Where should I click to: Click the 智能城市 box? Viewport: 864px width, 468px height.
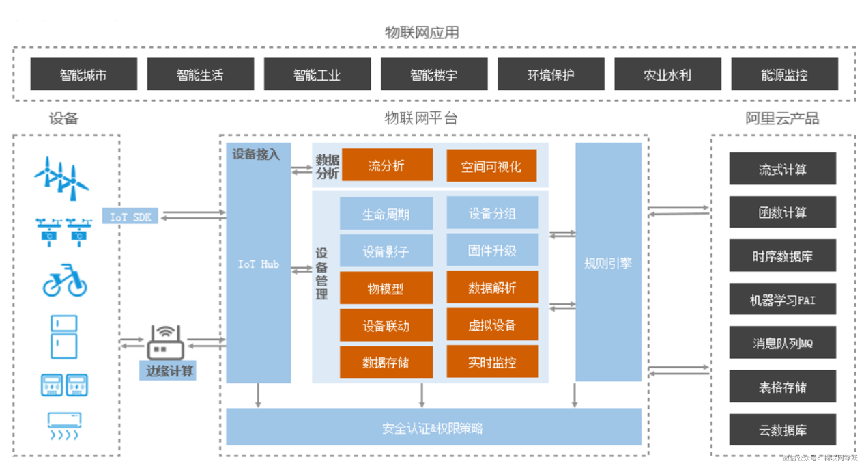click(x=83, y=74)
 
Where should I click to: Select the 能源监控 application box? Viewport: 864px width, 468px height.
click(x=784, y=74)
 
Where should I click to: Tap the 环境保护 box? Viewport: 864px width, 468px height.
click(x=551, y=74)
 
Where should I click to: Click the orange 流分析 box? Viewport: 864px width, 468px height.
click(x=386, y=165)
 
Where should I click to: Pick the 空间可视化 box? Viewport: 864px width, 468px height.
click(x=491, y=166)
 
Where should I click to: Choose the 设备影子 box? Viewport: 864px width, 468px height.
click(x=386, y=251)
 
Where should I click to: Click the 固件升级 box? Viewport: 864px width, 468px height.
click(x=492, y=251)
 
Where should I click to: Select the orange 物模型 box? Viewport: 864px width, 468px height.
click(x=386, y=288)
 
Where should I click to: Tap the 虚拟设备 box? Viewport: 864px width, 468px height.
click(x=492, y=325)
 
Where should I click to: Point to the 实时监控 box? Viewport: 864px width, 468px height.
click(x=492, y=362)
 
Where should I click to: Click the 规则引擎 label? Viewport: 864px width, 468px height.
click(x=608, y=262)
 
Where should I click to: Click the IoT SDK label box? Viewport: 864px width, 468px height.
click(x=130, y=217)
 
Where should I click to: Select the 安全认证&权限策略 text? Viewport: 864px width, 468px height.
click(x=433, y=428)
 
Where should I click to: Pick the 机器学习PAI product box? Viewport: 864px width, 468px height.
click(x=782, y=300)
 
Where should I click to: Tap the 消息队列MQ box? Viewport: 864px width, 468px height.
click(x=782, y=343)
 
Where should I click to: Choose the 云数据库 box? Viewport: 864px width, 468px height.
click(x=782, y=430)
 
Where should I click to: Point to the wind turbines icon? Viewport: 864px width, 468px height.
click(x=62, y=176)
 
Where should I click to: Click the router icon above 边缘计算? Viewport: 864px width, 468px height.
click(x=165, y=342)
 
